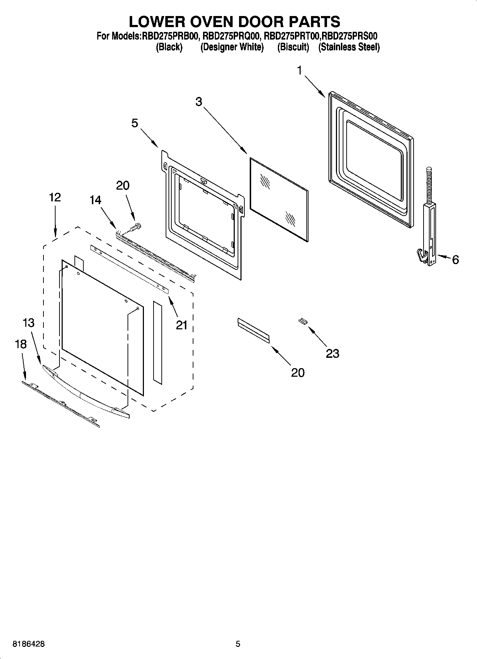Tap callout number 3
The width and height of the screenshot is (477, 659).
(x=198, y=102)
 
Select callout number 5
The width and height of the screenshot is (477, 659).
(x=135, y=123)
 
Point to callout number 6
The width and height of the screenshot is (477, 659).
(x=455, y=260)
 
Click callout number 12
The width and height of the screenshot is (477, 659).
(x=55, y=197)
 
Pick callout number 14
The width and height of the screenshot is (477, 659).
(x=95, y=201)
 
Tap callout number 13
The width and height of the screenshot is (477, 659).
(x=28, y=323)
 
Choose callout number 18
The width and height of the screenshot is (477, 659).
(x=21, y=344)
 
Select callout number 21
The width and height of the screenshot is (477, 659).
(x=182, y=325)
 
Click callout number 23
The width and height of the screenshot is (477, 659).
(x=332, y=354)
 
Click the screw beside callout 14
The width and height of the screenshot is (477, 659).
(x=136, y=226)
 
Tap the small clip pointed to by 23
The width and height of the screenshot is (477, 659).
(x=302, y=321)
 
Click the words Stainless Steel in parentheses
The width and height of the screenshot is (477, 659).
(x=349, y=47)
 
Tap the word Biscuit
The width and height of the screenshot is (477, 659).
(x=293, y=47)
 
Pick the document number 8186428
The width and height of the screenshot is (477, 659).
(x=29, y=644)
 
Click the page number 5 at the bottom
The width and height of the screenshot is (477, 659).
(x=238, y=644)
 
